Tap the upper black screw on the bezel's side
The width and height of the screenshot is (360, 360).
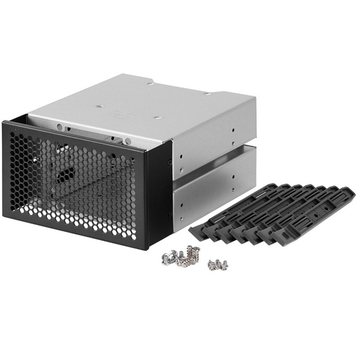(x=170, y=162)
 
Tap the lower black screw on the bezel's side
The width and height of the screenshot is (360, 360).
(x=170, y=213)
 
